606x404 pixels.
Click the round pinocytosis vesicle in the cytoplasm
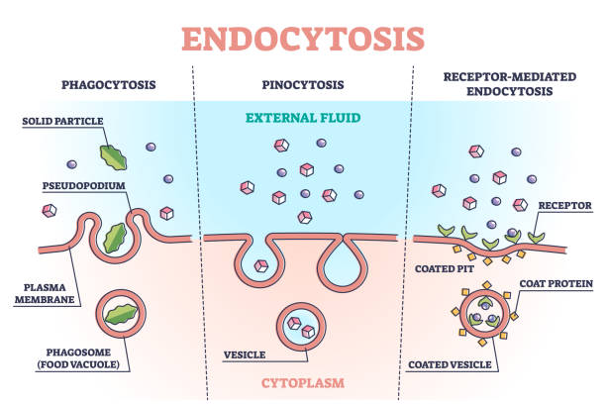pyautogui.click(x=300, y=323)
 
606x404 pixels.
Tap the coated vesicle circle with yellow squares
pyautogui.click(x=488, y=314)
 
